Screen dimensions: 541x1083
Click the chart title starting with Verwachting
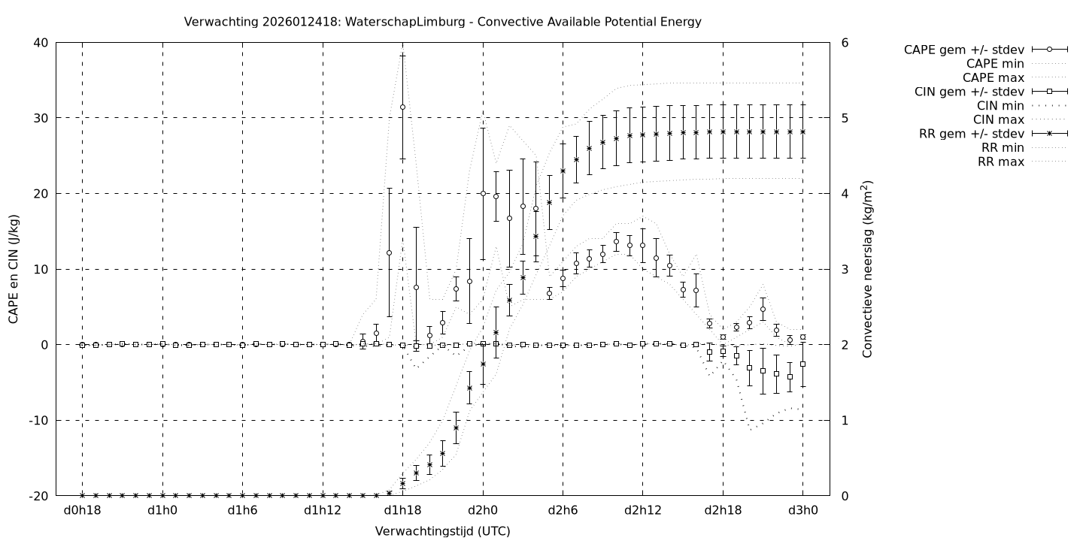click(x=442, y=22)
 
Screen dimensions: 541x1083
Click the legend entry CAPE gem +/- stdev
click(x=963, y=50)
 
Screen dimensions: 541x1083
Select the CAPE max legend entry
click(x=994, y=77)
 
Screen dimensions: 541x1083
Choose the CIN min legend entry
click(x=998, y=106)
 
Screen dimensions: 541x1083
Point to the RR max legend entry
click(x=1000, y=162)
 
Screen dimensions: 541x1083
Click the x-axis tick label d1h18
click(x=402, y=510)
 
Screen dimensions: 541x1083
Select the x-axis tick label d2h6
click(x=563, y=510)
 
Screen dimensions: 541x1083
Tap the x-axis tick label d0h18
click(x=82, y=510)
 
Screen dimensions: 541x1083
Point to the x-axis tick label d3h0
click(x=802, y=510)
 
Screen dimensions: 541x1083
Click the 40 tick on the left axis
click(x=41, y=43)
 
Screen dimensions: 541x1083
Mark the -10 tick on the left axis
click(x=38, y=421)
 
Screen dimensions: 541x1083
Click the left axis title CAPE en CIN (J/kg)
click(x=14, y=269)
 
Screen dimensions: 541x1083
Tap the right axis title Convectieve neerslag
click(x=868, y=269)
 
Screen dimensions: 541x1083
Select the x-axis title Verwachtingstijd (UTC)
click(x=442, y=531)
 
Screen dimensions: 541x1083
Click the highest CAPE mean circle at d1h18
click(x=402, y=107)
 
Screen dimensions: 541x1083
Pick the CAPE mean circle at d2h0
click(x=483, y=193)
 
